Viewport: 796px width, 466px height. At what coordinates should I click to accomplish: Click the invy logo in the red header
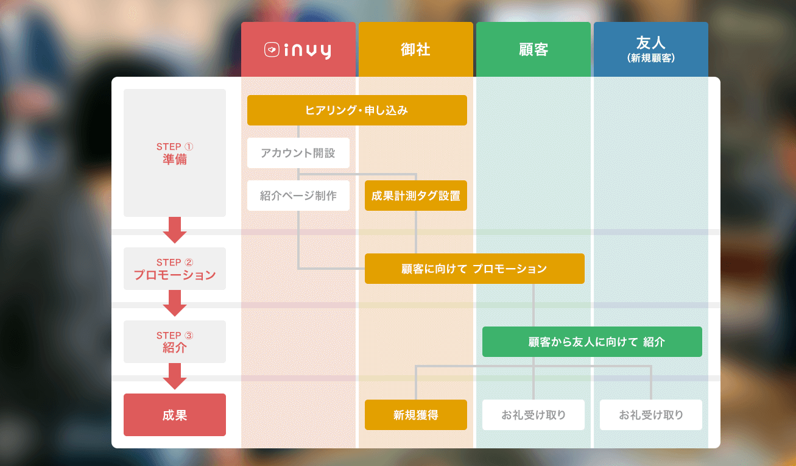298,50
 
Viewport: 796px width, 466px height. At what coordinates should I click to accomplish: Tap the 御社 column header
416,49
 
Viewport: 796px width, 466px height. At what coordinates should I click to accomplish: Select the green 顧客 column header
534,49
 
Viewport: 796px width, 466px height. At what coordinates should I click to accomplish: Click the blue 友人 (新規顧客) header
651,49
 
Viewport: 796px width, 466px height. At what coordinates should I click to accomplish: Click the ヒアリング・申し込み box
357,110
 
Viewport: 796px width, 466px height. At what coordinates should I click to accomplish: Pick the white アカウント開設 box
298,153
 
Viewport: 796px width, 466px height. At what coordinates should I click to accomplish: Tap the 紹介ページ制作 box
298,196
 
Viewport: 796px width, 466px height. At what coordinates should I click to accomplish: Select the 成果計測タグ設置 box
416,196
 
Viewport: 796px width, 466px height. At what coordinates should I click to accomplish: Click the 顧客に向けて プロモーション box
475,269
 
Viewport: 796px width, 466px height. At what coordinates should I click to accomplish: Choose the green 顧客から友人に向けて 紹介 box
592,342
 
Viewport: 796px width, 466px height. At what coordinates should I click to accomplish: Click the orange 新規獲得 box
416,415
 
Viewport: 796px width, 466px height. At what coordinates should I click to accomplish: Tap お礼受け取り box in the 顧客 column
534,415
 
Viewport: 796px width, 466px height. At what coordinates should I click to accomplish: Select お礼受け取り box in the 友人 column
651,415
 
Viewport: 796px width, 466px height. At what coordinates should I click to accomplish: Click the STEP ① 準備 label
175,153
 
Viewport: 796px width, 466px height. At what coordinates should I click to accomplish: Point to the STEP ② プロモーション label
175,269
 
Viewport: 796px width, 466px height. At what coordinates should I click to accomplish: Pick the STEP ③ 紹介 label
175,342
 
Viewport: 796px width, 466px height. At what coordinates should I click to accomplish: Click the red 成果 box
175,415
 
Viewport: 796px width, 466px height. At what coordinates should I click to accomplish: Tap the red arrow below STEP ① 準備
175,230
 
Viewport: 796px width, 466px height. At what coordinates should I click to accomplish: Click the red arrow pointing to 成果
175,376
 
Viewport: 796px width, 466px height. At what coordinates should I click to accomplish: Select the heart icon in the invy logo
272,50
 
